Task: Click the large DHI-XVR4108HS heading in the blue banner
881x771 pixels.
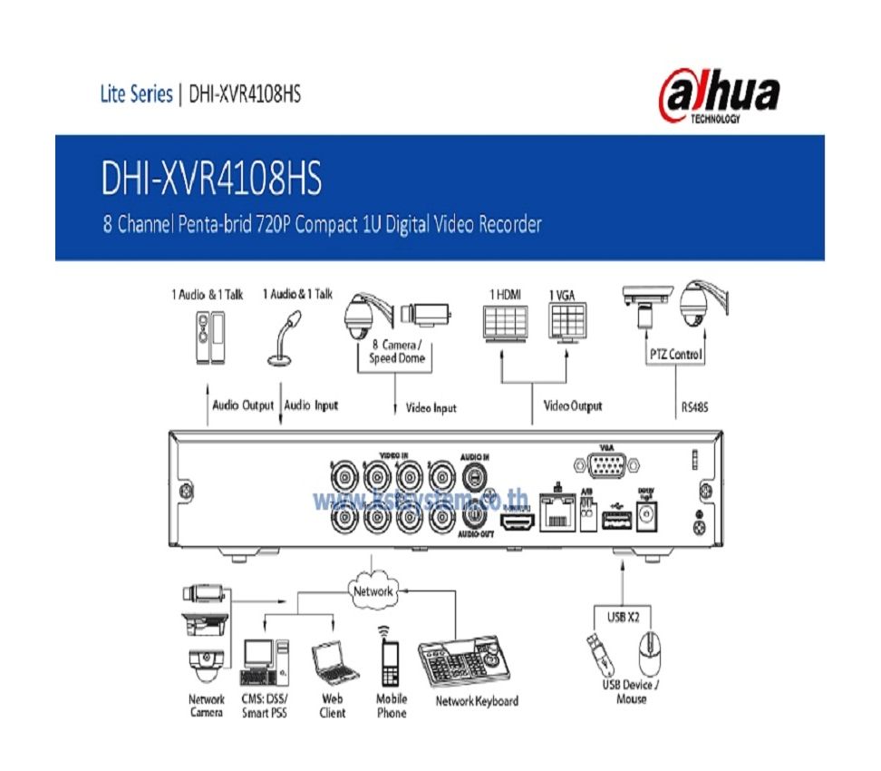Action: pyautogui.click(x=212, y=180)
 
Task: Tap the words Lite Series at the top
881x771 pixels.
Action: pyautogui.click(x=136, y=94)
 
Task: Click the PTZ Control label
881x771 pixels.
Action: pyautogui.click(x=675, y=355)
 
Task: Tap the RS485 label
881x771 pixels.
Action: pyautogui.click(x=695, y=407)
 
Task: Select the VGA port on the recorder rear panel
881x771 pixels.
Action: pyautogui.click(x=606, y=469)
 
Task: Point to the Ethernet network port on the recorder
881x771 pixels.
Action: pyautogui.click(x=555, y=512)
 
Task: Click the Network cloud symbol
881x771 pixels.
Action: pyautogui.click(x=372, y=590)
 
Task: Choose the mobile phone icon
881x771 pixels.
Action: pyautogui.click(x=391, y=661)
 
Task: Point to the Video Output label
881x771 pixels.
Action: pyautogui.click(x=572, y=405)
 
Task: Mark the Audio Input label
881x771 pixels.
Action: pyautogui.click(x=311, y=405)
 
